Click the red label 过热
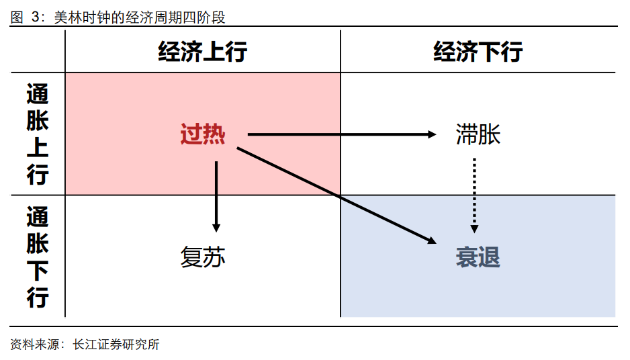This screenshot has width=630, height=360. coord(202,135)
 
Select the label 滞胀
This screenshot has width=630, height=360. coord(478,135)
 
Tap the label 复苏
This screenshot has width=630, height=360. coord(202,257)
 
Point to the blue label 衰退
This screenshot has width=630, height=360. coord(478,257)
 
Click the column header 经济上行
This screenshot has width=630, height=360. coord(202,52)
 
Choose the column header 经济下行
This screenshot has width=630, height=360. coord(478,52)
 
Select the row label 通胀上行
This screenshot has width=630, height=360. coord(38,134)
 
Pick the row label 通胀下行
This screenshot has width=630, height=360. coord(38,257)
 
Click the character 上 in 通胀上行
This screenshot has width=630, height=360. coord(38,148)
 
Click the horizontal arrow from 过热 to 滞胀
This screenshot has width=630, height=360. coord(336,134)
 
